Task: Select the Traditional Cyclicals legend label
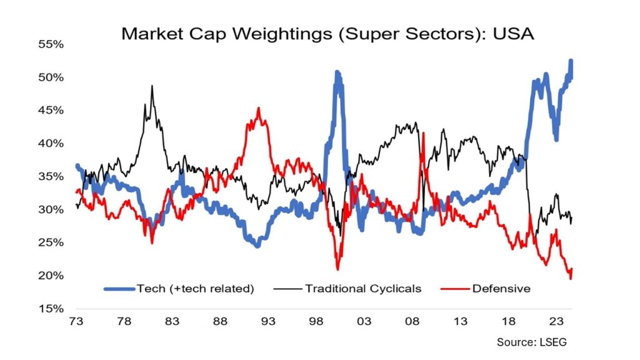[363, 289]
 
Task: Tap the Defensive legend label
[501, 289]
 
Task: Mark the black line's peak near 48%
[152, 86]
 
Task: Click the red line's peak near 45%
[258, 109]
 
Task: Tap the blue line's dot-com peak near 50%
[337, 73]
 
